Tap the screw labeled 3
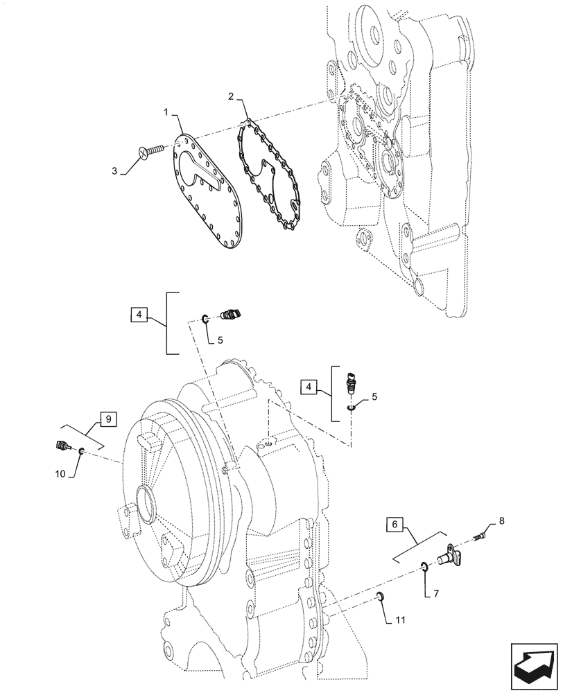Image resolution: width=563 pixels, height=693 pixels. [150, 149]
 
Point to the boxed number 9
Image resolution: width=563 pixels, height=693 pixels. [107, 419]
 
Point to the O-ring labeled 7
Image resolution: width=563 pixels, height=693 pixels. [423, 568]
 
